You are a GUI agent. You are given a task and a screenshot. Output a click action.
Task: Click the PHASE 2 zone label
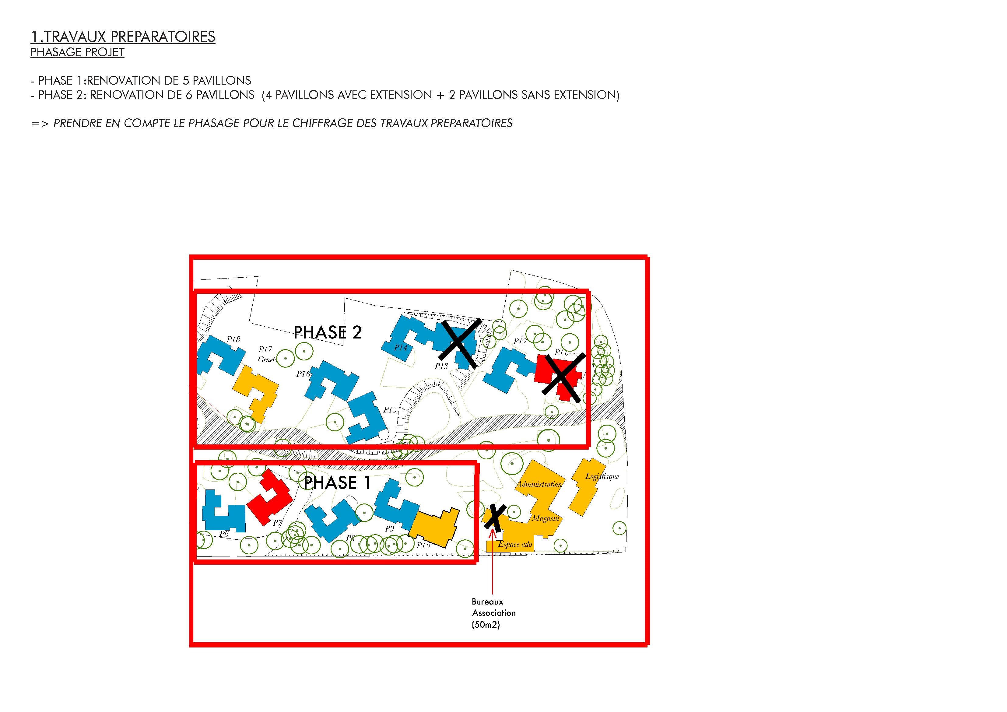[x=327, y=332]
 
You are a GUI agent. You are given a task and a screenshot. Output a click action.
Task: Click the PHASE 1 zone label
[x=337, y=483]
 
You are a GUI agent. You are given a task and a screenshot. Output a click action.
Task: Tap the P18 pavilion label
[x=233, y=339]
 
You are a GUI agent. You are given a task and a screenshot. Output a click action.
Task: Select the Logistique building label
[x=602, y=476]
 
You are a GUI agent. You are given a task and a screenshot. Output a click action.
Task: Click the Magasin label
[x=546, y=518]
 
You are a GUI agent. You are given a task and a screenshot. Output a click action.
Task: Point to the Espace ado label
[x=515, y=544]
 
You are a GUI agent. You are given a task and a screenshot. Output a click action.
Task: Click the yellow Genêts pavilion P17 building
[x=257, y=393]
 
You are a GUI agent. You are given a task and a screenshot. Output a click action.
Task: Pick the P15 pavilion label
[x=390, y=410]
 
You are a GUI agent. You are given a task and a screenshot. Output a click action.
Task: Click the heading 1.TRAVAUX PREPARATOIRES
[x=123, y=37]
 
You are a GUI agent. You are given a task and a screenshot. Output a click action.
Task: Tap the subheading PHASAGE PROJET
[x=77, y=52]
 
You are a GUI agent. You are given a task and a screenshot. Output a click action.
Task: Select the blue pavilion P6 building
[x=223, y=511]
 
